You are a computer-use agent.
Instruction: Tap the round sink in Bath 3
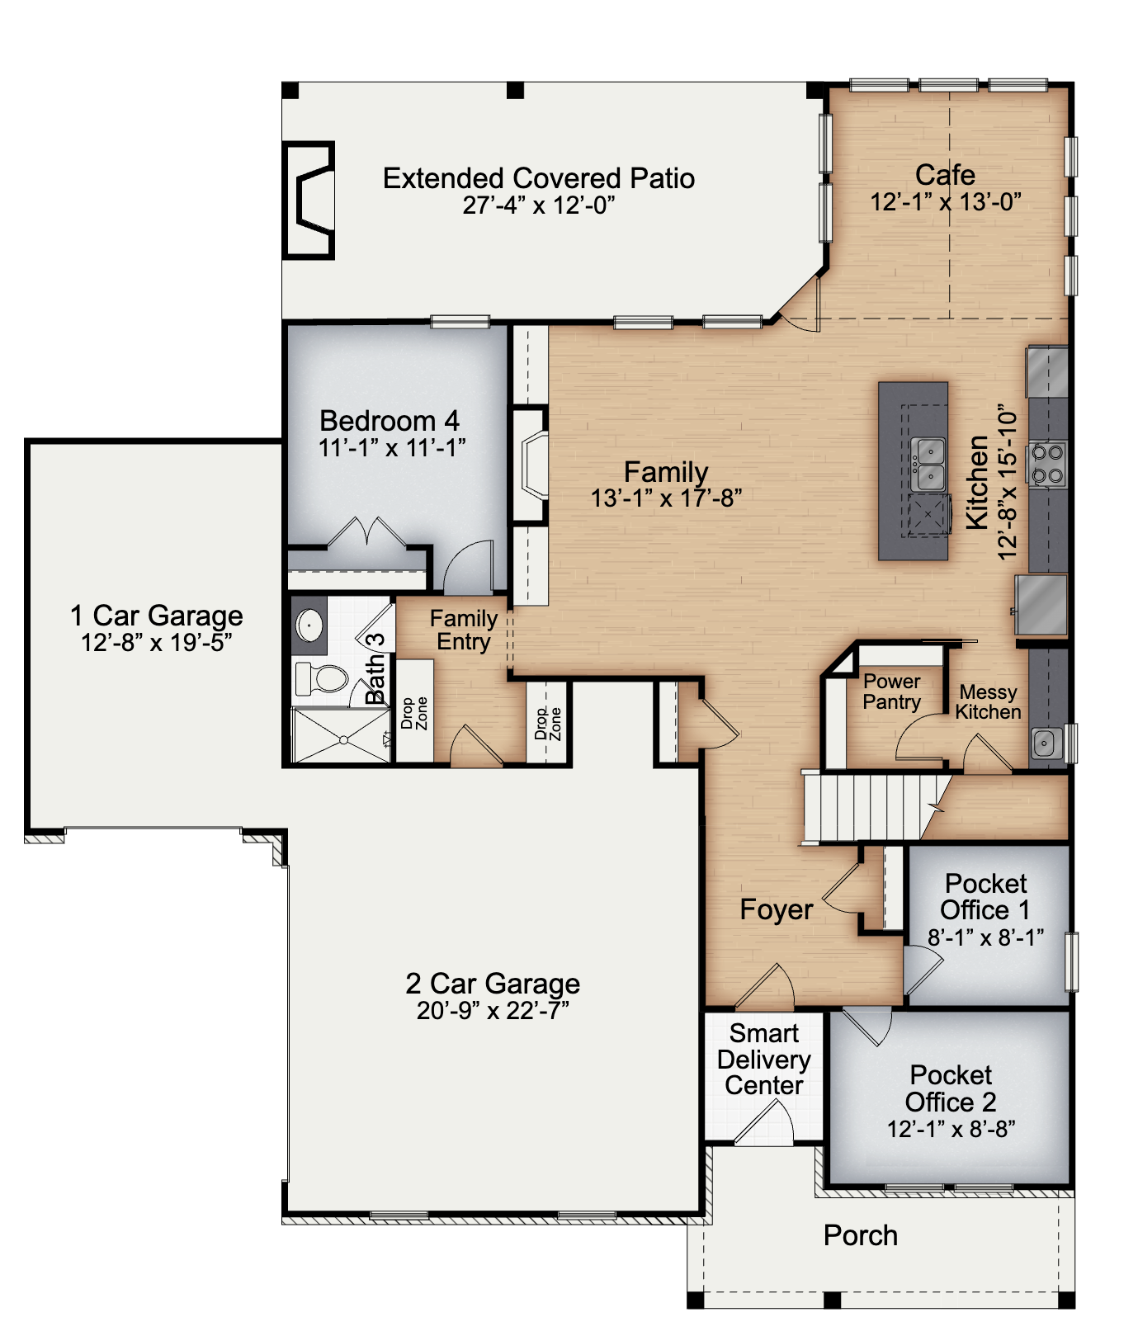coord(309,625)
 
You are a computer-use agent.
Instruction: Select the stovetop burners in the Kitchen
coord(1047,464)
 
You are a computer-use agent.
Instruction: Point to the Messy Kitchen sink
coord(1044,744)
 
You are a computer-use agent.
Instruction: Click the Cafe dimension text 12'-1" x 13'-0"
coord(946,202)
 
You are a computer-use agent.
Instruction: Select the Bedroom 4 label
coord(390,421)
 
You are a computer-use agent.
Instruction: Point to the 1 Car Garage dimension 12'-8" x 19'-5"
coord(157,643)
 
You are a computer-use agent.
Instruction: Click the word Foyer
coord(777,909)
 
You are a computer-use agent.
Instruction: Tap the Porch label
coord(861,1235)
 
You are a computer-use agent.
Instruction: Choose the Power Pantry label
coord(892,692)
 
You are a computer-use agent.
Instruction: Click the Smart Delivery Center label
coord(764,1060)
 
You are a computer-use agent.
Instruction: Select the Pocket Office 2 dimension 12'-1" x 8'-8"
coord(951,1129)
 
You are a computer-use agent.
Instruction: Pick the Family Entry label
coord(464,630)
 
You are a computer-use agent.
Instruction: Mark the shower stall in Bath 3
coord(342,736)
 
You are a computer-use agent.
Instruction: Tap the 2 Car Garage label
coord(493,984)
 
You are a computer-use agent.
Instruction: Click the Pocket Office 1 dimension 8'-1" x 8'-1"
coord(985,937)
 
